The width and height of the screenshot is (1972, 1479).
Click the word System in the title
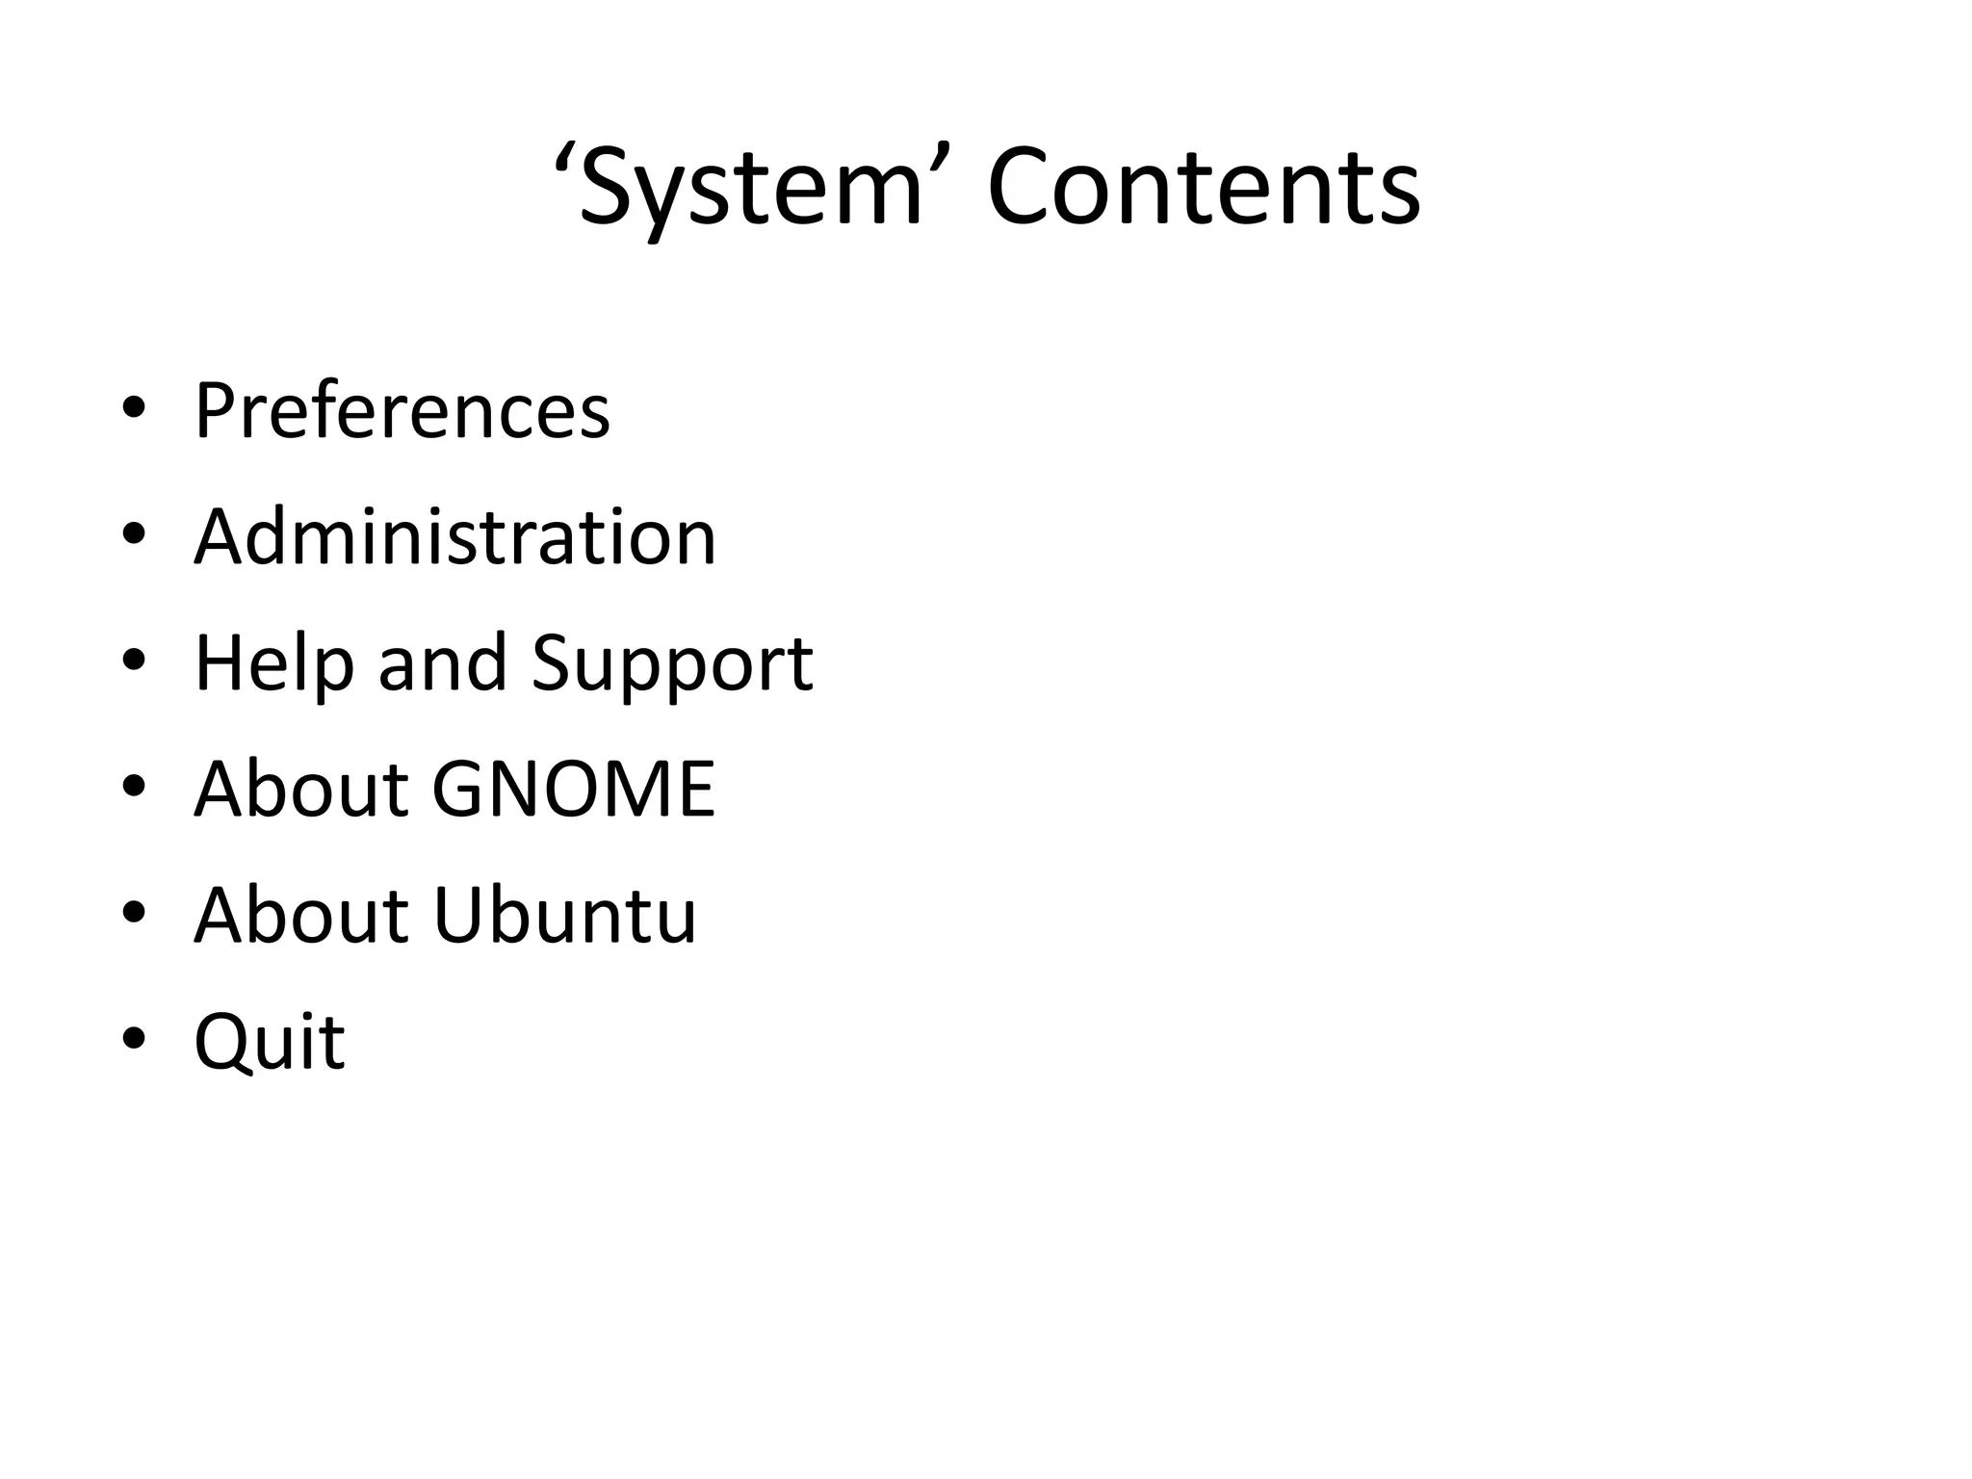click(x=751, y=188)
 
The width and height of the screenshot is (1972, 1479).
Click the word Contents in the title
click(x=1204, y=188)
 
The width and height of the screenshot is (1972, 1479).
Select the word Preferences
click(x=402, y=411)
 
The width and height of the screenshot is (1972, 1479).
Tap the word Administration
click(x=454, y=536)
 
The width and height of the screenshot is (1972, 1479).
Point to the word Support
click(x=672, y=663)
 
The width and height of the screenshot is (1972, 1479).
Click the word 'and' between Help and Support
click(x=442, y=663)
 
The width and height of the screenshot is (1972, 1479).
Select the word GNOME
click(x=573, y=789)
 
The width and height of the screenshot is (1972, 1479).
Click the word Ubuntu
click(x=564, y=915)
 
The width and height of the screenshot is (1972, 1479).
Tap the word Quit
click(x=270, y=1042)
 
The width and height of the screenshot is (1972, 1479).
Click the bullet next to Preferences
click(x=134, y=409)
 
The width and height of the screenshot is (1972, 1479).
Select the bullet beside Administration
click(x=134, y=534)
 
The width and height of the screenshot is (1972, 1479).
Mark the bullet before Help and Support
click(x=134, y=661)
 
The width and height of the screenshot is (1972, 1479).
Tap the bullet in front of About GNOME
click(x=134, y=787)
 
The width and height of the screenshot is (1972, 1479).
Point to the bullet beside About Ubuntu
click(x=134, y=913)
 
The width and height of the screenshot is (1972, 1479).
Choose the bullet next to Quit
click(x=134, y=1039)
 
